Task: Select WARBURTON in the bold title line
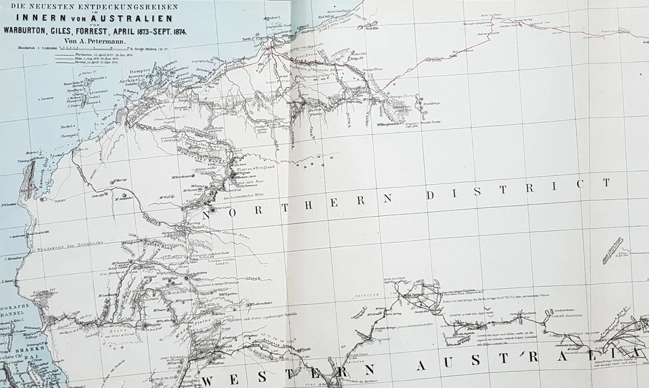click(x=32, y=31)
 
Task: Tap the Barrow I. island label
click(x=67, y=126)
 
